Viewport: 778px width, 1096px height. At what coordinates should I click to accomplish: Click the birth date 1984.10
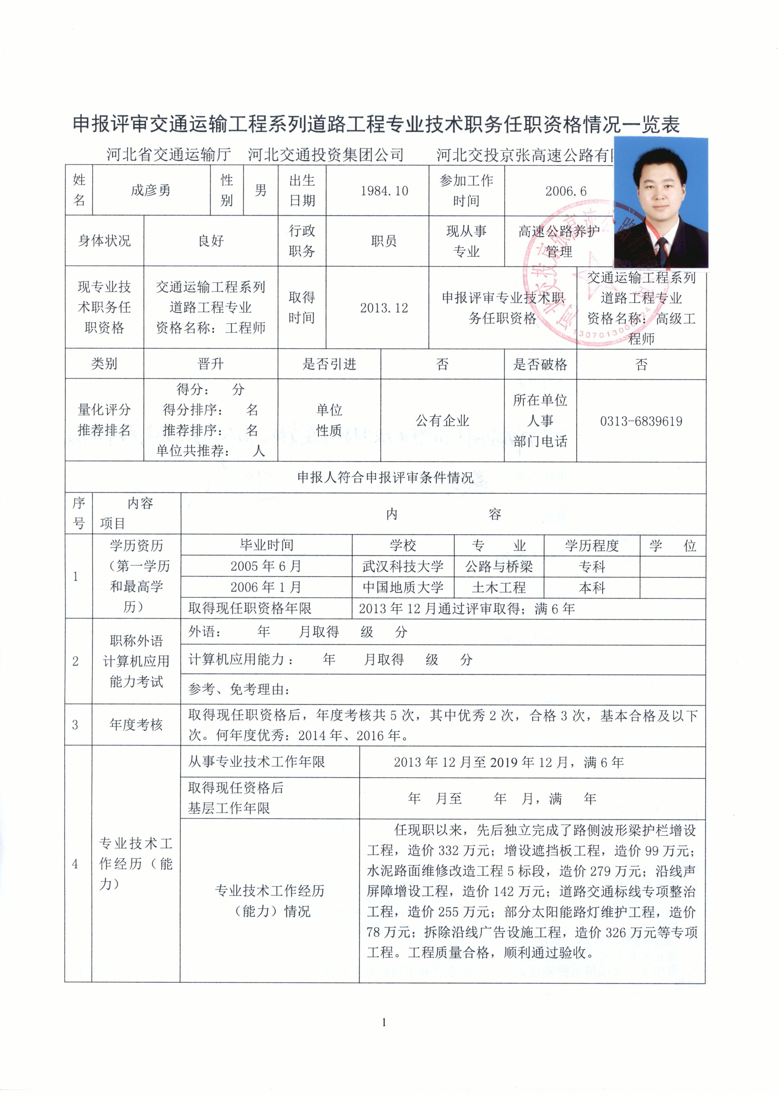tap(384, 191)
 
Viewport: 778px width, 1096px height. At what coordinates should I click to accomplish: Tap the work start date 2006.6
tap(566, 191)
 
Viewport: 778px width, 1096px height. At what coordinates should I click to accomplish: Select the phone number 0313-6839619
tap(641, 421)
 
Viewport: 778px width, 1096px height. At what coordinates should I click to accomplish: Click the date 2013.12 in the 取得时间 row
tap(384, 308)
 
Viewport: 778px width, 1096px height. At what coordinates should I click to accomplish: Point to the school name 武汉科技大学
tap(403, 566)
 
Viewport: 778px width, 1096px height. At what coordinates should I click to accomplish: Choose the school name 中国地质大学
tap(403, 587)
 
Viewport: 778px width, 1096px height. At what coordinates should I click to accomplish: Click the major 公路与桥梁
tap(499, 566)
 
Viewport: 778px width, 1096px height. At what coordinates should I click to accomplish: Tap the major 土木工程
tap(499, 587)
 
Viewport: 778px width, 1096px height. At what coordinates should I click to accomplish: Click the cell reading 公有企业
tap(442, 421)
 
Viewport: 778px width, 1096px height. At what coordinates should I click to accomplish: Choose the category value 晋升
tap(210, 364)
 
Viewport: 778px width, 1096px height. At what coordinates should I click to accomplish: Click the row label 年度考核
tap(136, 725)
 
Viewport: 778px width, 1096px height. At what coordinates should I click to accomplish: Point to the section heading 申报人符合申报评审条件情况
tap(385, 477)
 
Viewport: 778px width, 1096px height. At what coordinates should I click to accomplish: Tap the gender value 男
tap(260, 190)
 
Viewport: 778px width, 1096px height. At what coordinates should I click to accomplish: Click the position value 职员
tap(384, 241)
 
